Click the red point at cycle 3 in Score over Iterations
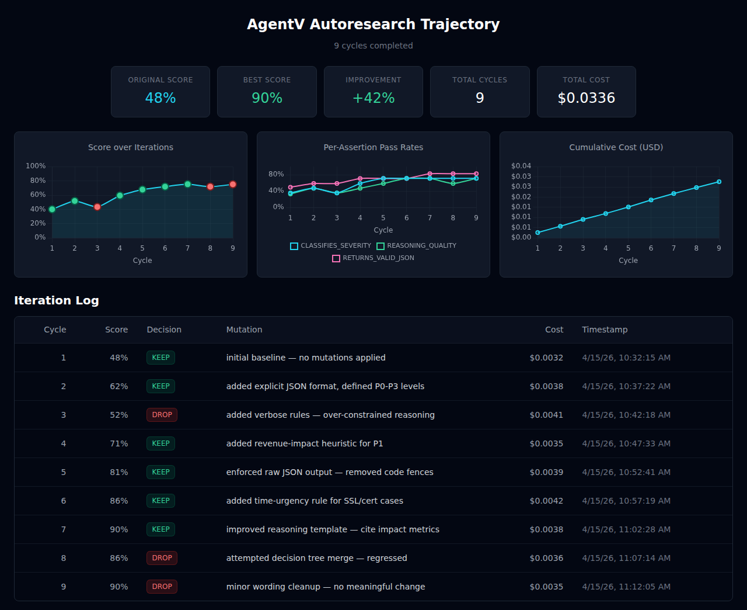(97, 207)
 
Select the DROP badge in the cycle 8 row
(162, 558)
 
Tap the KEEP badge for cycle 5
(160, 472)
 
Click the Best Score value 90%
(267, 98)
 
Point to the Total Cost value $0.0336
(586, 98)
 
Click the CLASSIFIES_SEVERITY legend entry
(331, 246)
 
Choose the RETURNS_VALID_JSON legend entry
(373, 258)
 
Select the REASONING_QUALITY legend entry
(417, 246)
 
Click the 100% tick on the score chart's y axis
(36, 166)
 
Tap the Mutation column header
(244, 330)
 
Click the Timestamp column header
(605, 330)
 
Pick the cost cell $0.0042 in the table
(546, 501)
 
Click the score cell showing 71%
(119, 443)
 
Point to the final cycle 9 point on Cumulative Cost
(719, 182)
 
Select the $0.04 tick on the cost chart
(521, 166)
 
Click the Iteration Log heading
(57, 300)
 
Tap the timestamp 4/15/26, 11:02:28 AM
(626, 529)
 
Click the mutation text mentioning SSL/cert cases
(315, 501)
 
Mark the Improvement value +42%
(373, 98)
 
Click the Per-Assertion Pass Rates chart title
(373, 147)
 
